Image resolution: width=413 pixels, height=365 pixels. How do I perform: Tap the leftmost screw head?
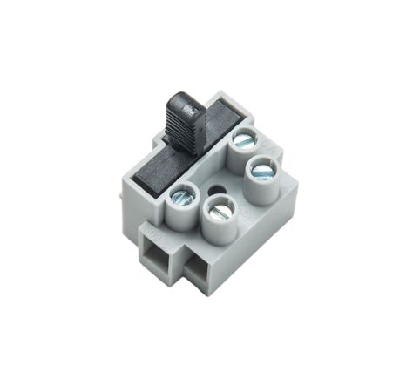(x=184, y=196)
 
